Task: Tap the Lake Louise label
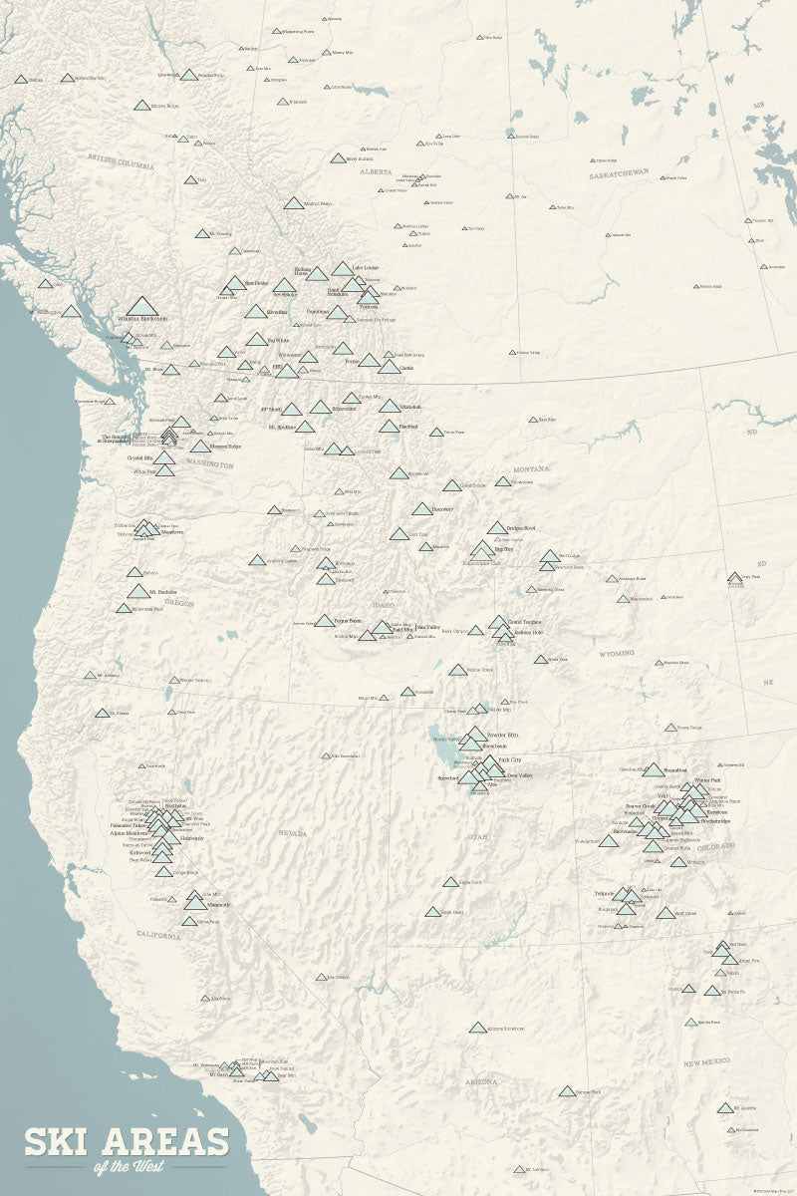click(365, 268)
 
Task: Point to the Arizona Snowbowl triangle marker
click(478, 1028)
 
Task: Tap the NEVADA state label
click(292, 832)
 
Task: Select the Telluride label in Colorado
click(604, 894)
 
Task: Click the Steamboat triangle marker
click(653, 769)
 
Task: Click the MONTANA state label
click(532, 469)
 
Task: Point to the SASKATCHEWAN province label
click(619, 172)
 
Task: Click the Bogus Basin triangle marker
click(325, 620)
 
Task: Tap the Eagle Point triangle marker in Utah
click(450, 882)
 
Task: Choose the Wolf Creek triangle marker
click(664, 913)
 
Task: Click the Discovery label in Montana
click(442, 509)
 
